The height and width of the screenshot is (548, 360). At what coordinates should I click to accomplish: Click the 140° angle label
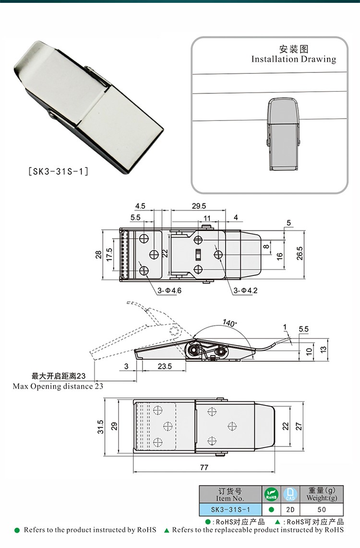point(229,322)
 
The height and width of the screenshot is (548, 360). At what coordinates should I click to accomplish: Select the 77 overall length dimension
point(204,467)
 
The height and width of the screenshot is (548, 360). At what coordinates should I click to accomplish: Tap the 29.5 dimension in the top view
point(199,206)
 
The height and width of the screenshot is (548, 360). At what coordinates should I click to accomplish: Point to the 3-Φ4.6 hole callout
point(169,290)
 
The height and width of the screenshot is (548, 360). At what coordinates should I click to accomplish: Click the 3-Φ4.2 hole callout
point(245,290)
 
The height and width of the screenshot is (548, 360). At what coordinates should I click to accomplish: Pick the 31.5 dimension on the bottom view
point(101,427)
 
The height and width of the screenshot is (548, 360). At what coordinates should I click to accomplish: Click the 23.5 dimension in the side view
point(165,366)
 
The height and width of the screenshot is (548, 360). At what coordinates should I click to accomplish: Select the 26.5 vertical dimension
point(300,253)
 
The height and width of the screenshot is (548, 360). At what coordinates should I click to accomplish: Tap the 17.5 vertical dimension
point(109,255)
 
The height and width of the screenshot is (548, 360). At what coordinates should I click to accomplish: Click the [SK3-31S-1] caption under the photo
point(58,171)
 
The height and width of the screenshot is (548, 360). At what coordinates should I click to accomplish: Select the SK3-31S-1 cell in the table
point(230,510)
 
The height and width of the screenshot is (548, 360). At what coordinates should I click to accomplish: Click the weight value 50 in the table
point(322,510)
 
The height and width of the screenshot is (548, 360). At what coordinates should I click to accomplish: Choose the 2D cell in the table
point(290,510)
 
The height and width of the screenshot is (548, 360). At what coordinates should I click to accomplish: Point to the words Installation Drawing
point(294,59)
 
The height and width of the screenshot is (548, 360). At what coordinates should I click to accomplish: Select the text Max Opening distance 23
point(58,386)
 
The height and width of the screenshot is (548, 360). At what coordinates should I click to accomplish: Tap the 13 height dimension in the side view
point(323,349)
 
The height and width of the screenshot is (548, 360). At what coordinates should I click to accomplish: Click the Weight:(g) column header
point(322,498)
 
